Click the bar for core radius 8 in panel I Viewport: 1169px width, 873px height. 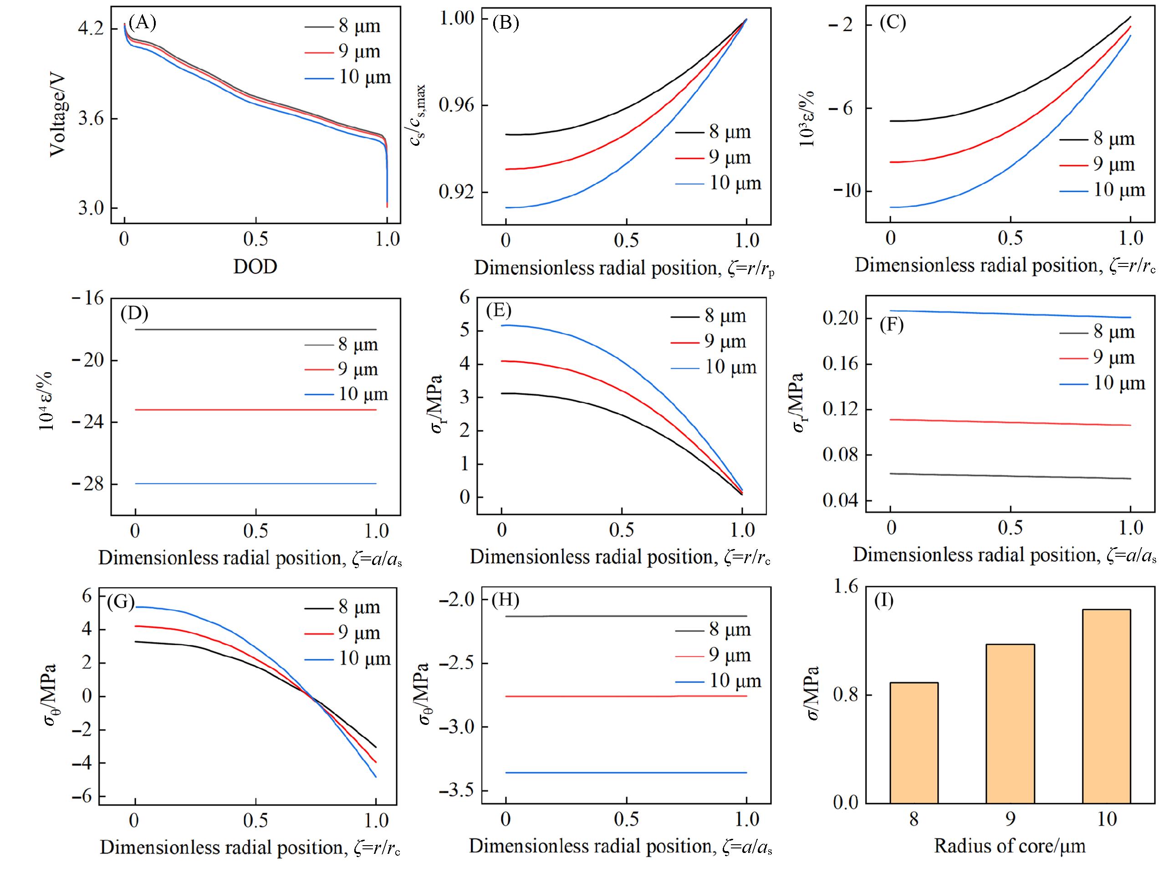coord(914,743)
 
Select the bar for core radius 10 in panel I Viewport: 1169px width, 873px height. coord(1106,706)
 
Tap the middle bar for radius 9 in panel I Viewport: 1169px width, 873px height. coord(1010,724)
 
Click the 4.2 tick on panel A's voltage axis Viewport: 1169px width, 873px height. coord(92,29)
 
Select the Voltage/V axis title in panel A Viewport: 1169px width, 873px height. coord(58,114)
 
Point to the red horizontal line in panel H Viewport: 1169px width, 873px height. coord(626,697)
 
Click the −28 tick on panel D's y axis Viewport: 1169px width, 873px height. coord(86,484)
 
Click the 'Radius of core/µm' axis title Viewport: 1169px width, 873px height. coord(1010,846)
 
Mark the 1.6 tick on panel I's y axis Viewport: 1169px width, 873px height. coord(845,586)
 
